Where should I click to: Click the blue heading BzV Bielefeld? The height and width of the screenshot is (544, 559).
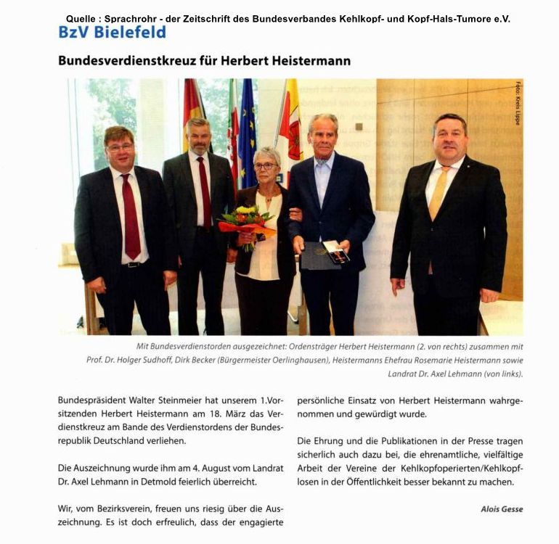click(112, 33)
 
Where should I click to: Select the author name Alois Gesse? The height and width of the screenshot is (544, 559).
click(502, 509)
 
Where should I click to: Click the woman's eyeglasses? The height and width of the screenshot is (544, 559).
click(265, 165)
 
